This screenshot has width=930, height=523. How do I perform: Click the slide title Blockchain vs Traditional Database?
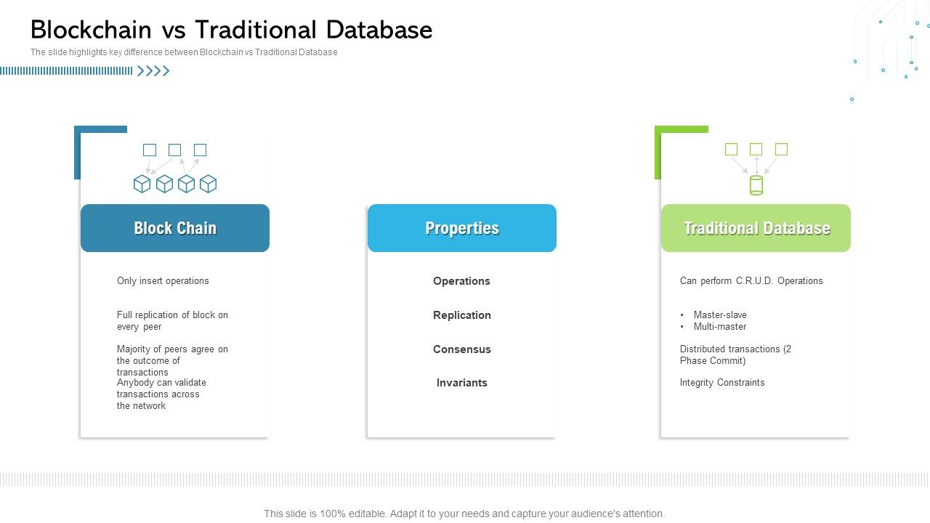click(x=231, y=30)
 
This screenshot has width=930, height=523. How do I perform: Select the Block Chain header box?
click(x=175, y=228)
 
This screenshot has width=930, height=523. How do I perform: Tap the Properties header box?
click(x=462, y=228)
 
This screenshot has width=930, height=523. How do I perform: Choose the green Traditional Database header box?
click(x=756, y=228)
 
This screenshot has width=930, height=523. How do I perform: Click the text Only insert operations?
click(x=163, y=281)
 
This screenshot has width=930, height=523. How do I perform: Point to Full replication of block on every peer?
click(x=172, y=321)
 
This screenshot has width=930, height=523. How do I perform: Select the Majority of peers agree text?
click(x=172, y=360)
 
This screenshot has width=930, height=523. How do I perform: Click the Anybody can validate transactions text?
click(x=161, y=394)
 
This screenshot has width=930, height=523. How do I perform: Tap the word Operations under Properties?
click(x=461, y=281)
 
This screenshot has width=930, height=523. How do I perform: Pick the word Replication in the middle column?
click(x=462, y=315)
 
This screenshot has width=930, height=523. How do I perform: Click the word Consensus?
click(x=462, y=349)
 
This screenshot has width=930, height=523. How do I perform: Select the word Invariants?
click(x=462, y=383)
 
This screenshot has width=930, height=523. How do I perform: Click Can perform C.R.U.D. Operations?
click(x=751, y=281)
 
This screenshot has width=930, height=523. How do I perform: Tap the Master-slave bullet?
click(x=719, y=315)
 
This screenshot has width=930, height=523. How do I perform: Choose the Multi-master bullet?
click(x=719, y=327)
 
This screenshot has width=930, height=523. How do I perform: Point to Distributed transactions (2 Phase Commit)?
click(x=735, y=354)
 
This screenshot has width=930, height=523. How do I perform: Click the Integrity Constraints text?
click(x=722, y=383)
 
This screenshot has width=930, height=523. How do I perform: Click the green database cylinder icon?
click(x=756, y=185)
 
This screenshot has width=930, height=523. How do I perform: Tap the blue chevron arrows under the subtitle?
click(x=153, y=71)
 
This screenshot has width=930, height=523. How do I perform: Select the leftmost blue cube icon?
click(x=142, y=184)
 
